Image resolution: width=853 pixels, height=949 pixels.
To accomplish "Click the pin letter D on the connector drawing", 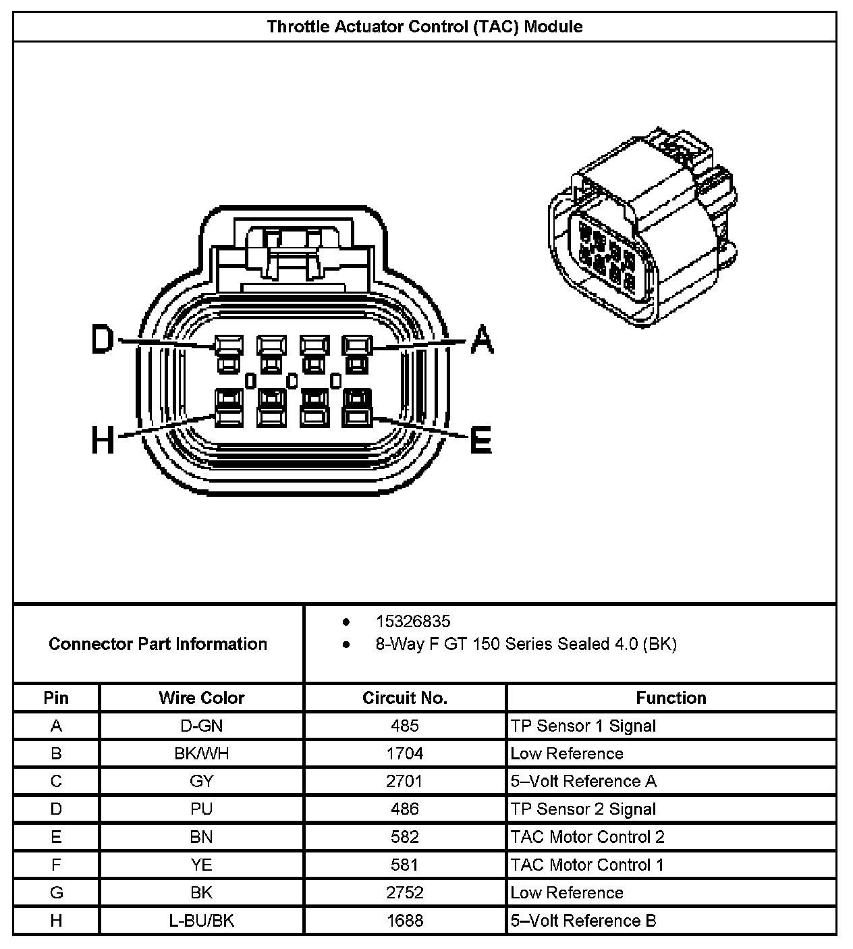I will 103,340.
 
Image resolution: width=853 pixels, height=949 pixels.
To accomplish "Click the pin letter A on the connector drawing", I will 482,340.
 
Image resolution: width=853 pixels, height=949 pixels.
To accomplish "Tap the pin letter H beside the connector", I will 103,442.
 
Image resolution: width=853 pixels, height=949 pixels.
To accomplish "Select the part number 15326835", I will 413,622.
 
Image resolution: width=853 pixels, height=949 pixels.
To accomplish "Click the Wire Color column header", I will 201,698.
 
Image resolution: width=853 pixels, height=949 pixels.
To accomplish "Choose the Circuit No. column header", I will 405,698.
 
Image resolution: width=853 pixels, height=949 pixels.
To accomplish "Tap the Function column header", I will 671,698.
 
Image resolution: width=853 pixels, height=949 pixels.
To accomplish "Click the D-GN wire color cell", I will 201,726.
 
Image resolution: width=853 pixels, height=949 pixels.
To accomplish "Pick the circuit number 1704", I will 405,753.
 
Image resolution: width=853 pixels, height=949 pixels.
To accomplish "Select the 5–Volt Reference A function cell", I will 583,781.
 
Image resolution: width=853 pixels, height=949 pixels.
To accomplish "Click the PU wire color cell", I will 201,809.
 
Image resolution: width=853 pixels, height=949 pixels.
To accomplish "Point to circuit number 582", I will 405,837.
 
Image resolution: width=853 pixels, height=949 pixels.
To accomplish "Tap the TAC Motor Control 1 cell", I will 587,865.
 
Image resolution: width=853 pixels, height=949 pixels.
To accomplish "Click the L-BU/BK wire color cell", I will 201,921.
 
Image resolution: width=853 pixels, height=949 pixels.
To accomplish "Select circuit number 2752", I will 405,893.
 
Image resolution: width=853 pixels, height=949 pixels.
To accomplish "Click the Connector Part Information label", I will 158,644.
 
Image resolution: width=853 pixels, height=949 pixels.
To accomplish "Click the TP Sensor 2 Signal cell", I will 583,809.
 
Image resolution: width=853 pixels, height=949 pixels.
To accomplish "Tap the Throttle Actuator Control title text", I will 425,27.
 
